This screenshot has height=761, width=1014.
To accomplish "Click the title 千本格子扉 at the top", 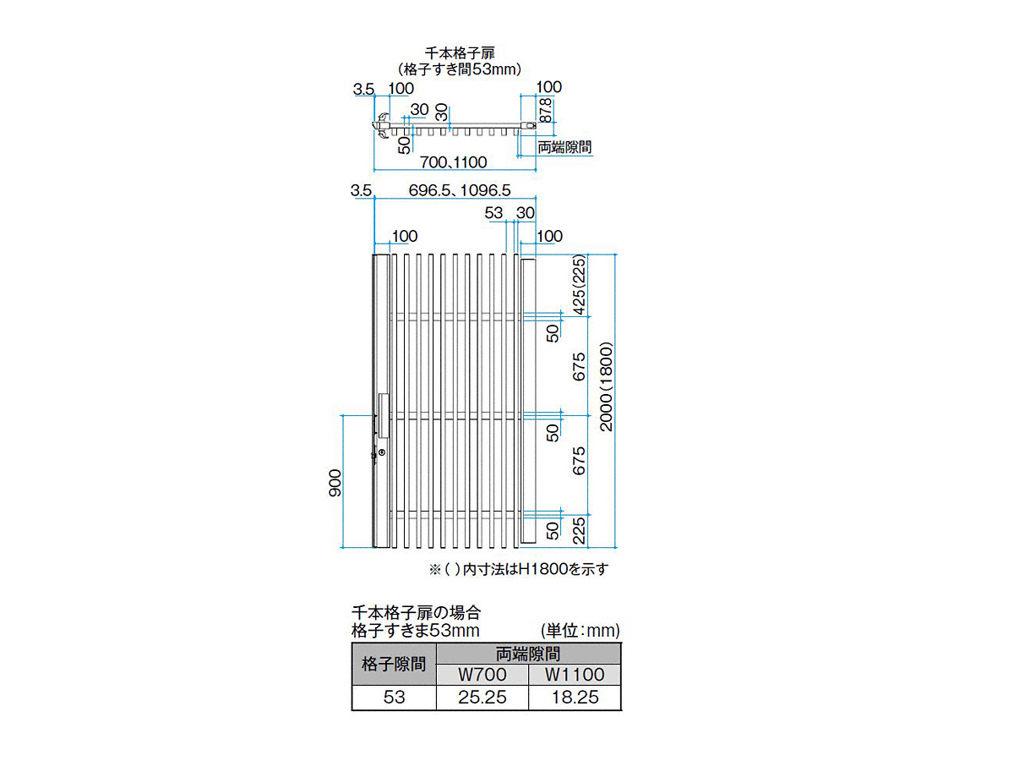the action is pos(459,52).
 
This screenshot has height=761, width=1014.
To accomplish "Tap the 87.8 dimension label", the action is pos(545,110).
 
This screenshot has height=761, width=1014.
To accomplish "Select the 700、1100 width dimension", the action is pos(453,162).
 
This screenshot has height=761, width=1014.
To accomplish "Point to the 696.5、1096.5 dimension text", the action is pos(459,190).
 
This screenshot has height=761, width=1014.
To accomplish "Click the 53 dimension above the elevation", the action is pos(493,212).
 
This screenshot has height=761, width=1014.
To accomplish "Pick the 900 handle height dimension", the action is pos(335,483).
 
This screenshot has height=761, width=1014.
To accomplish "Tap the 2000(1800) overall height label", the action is pos(606,386).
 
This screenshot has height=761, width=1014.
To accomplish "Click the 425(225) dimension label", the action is pos(579,285).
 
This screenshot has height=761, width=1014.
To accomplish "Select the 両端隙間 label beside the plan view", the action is pos(564,147).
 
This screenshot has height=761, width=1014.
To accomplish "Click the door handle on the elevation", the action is pos(384,415).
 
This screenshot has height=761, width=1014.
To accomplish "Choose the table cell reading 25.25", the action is pos(482,697).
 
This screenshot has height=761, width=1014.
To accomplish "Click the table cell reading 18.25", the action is pos(575,697).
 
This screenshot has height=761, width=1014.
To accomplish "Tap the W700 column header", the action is pos(482,674).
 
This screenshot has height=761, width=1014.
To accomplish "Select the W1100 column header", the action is pos(575,674).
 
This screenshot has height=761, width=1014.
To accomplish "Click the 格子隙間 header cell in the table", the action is pos(394,664).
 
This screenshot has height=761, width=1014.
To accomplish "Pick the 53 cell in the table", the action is pos(394,697).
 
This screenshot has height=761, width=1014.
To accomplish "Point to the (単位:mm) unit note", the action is pos(581,630).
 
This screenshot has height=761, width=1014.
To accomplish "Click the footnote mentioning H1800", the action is pos(519,569).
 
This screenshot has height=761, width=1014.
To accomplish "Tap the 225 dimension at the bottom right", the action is pos(579,530).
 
